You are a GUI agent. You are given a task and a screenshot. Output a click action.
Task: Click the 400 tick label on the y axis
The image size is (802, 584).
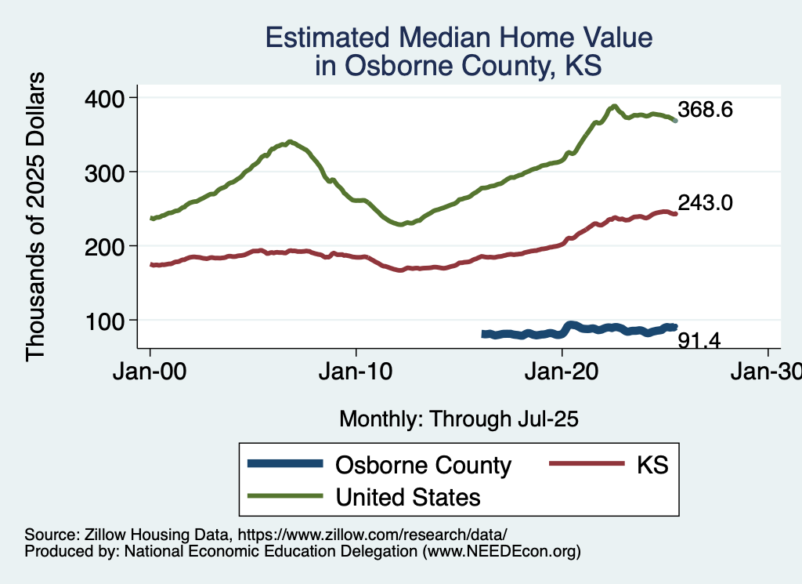tap(109, 98)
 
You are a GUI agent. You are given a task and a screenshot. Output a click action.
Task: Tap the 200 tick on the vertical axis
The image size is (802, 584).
tap(109, 246)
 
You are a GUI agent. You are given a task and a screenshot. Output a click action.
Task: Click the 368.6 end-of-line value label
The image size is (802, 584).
tap(705, 110)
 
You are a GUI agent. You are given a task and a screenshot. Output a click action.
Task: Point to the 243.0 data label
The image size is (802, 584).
tap(705, 203)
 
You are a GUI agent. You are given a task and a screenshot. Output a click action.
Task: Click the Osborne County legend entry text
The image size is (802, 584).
tap(423, 465)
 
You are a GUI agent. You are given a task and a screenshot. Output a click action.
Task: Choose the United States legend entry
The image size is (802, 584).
tap(408, 496)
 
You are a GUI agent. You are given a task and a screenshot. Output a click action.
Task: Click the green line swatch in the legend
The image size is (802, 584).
tap(284, 496)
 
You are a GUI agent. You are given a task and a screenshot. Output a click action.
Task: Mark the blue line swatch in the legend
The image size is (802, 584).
tap(284, 465)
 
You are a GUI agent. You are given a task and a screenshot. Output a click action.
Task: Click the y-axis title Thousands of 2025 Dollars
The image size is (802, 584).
tap(36, 217)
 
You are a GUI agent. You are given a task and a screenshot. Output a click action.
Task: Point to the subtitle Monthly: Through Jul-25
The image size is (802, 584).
tap(458, 419)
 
